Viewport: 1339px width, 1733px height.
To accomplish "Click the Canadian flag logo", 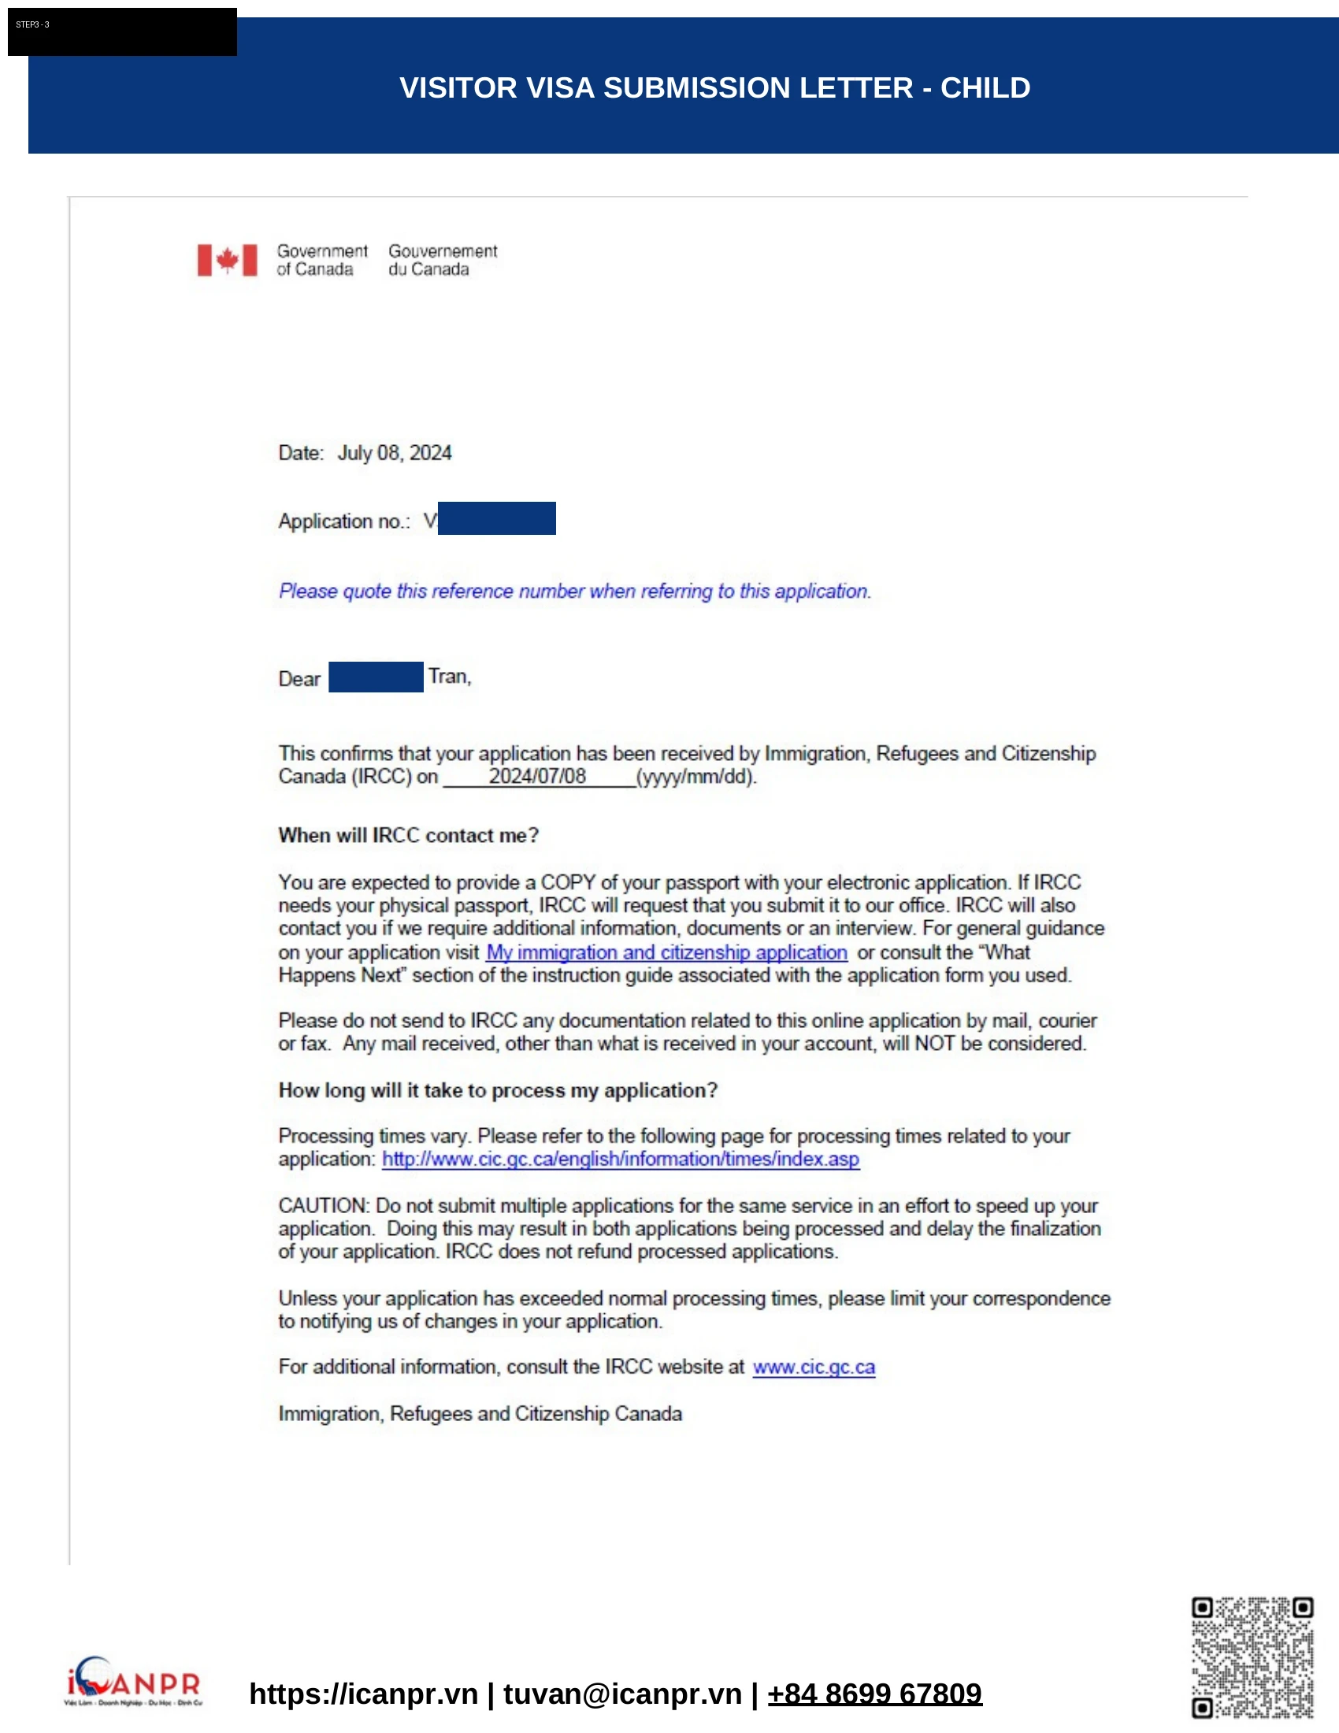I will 227,260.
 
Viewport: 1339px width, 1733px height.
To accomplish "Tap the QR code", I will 1252,1657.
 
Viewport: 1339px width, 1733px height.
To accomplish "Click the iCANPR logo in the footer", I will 133,1681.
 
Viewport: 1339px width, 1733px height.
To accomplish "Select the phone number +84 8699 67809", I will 874,1694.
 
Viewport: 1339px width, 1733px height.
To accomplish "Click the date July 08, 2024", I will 395,453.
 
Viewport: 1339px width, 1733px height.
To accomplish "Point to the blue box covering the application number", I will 496,518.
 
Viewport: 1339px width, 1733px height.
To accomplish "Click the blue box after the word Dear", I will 375,677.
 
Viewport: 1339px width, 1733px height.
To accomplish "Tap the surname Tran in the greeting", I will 449,677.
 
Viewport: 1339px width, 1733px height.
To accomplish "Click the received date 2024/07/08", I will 537,776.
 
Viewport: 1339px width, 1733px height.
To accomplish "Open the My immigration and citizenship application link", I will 666,952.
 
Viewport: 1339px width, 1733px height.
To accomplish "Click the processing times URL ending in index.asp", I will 621,1160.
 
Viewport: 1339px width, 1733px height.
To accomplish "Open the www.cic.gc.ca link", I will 814,1367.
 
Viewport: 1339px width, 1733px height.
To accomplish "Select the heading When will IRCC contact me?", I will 409,836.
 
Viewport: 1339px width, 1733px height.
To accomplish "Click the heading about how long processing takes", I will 497,1091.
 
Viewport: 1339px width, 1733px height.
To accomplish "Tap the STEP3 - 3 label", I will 32,24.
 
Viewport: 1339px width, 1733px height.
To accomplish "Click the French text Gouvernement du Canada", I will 443,260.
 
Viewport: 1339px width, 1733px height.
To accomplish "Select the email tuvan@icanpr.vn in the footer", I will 622,1694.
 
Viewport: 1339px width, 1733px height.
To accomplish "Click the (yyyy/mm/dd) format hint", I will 696,776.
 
